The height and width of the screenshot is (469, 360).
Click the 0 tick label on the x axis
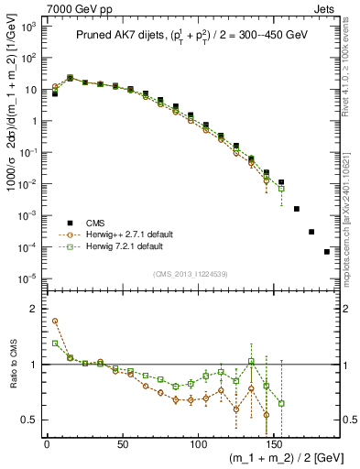[47, 444]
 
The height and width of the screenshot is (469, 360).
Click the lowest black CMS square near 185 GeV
[327, 252]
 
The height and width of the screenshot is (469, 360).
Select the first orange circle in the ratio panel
[55, 322]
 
